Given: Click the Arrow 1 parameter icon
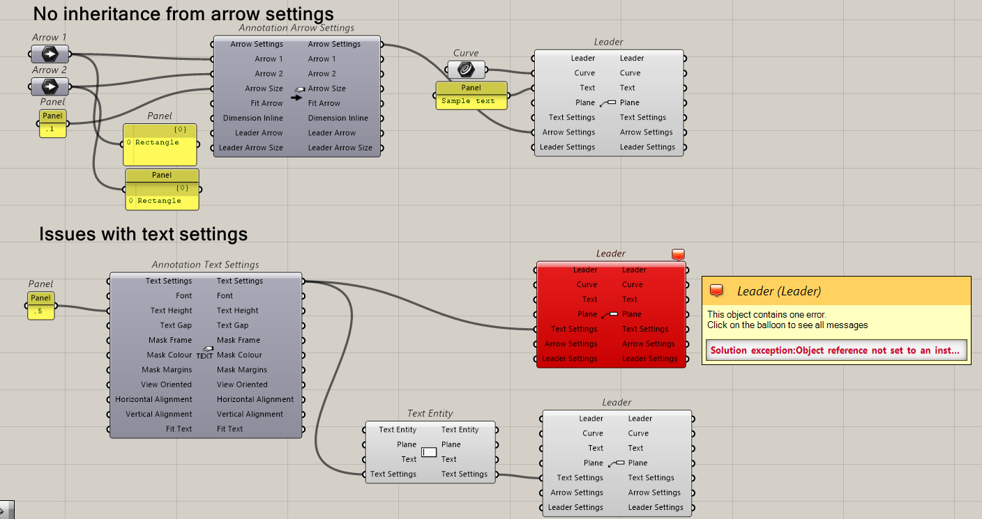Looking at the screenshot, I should click(50, 54).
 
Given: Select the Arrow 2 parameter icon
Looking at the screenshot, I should click(50, 86).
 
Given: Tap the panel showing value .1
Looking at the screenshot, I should click(52, 130).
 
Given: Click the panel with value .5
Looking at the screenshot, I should click(40, 311).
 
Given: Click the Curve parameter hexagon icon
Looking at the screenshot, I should click(466, 69).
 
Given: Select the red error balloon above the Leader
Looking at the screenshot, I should click(679, 255).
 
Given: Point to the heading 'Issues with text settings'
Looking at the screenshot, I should click(144, 234).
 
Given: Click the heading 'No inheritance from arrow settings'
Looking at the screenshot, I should click(183, 13).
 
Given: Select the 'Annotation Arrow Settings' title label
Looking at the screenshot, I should click(296, 28).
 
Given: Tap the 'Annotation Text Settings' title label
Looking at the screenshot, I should click(205, 265).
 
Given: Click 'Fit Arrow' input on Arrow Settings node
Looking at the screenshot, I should click(266, 103).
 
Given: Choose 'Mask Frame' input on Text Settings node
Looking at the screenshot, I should click(169, 340).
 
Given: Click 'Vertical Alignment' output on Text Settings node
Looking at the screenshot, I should click(250, 414).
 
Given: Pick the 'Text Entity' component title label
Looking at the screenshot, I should click(430, 414).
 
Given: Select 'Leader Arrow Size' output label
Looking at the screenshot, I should click(340, 148).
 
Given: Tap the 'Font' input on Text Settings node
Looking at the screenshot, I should click(183, 296).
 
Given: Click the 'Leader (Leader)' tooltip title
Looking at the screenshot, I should click(778, 291).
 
